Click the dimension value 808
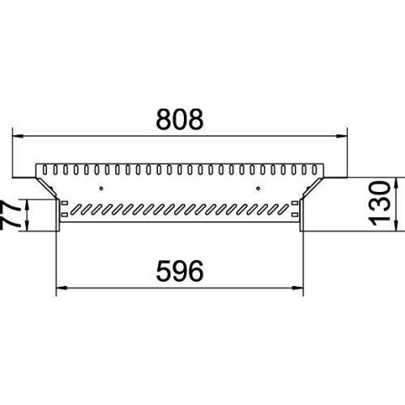(180, 119)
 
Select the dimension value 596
(180, 271)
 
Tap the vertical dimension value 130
(380, 204)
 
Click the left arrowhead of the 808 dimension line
(19, 136)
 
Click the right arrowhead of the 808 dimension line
(341, 136)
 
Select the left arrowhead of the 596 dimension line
(62, 288)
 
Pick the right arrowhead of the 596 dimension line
(298, 288)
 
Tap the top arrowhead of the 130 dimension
(396, 183)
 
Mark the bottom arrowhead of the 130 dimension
(396, 225)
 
